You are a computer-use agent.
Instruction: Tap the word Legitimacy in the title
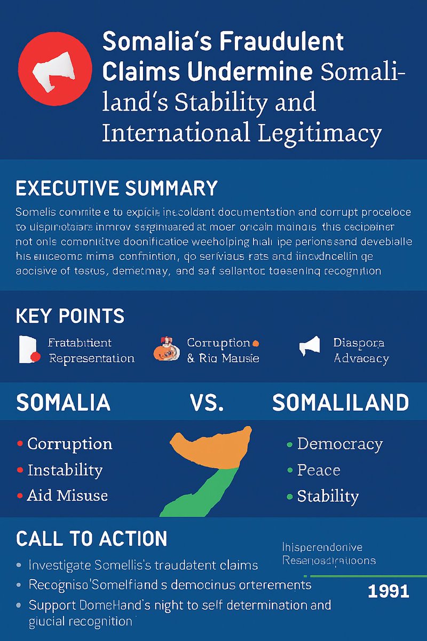[320, 132]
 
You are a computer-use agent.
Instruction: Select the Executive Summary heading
[116, 189]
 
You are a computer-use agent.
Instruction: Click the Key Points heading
[70, 316]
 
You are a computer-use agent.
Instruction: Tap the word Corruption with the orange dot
[218, 343]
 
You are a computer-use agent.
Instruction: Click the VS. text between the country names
[207, 403]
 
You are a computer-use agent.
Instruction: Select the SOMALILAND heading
[341, 403]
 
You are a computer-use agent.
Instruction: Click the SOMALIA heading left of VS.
[63, 403]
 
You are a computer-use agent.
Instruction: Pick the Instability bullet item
[65, 470]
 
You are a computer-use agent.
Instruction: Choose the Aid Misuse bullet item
[67, 496]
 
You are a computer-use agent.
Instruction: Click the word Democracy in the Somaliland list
[339, 444]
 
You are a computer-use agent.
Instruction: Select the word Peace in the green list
[318, 470]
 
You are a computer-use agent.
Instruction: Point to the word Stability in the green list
[327, 496]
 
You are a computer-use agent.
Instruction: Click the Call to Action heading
[91, 538]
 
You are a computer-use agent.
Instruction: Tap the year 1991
[389, 591]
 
